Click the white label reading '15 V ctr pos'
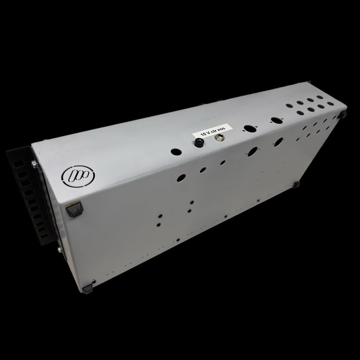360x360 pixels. [213, 131]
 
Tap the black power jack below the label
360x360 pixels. [198, 142]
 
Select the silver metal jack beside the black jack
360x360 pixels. [218, 138]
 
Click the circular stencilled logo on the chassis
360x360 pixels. [78, 176]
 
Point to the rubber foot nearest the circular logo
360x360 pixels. [74, 209]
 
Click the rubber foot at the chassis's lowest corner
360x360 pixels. [88, 289]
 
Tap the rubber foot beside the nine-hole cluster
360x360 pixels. [342, 114]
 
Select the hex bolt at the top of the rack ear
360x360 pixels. [35, 164]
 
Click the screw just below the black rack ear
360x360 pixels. [60, 249]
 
